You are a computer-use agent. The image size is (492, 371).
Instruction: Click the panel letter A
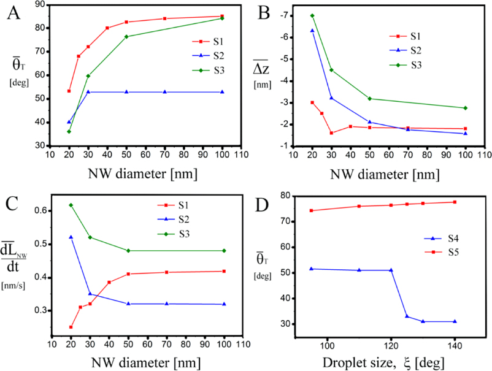click(x=13, y=14)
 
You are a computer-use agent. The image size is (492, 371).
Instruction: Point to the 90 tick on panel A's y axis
click(x=47, y=4)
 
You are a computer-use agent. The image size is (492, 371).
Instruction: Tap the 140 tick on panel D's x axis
click(x=455, y=341)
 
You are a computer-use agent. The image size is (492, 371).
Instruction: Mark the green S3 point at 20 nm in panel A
click(x=69, y=131)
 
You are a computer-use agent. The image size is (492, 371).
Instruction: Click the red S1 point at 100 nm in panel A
click(x=221, y=17)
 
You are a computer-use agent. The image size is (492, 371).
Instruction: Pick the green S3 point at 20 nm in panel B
click(x=312, y=16)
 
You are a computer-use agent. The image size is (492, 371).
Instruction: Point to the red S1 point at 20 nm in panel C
click(x=71, y=327)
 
